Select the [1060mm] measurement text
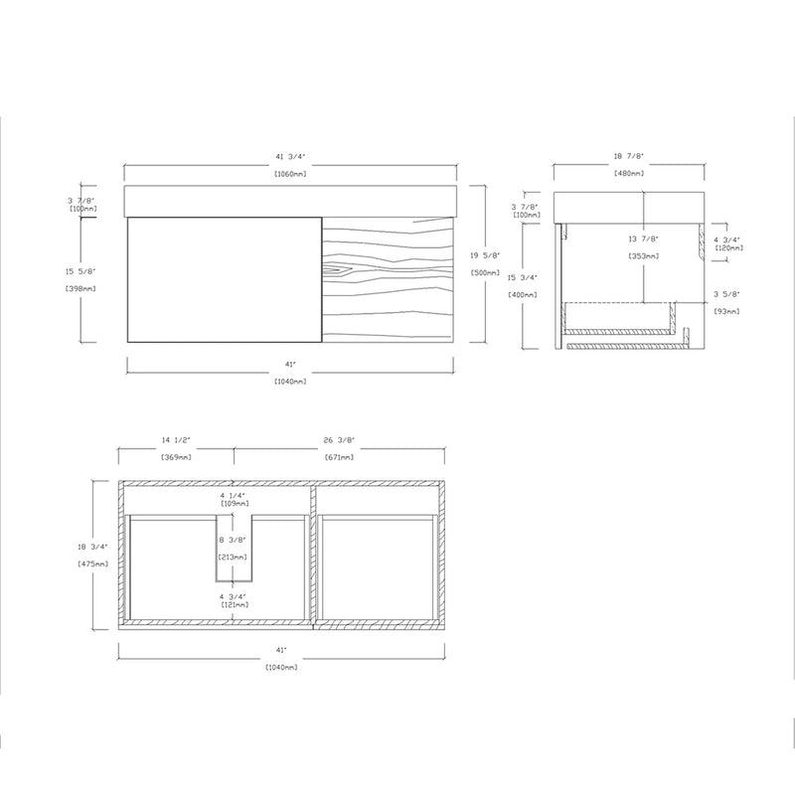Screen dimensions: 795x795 point(289,174)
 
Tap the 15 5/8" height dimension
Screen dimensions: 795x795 point(81,270)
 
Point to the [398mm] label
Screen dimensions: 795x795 point(81,289)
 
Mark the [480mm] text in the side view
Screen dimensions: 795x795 point(629,174)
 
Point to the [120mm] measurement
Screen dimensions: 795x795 point(729,247)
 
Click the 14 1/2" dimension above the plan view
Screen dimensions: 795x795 point(176,440)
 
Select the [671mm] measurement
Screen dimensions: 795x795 point(340,457)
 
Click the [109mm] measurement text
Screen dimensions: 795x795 point(235,504)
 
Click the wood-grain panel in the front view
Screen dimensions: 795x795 point(390,280)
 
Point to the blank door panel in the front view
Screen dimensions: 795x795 point(225,279)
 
